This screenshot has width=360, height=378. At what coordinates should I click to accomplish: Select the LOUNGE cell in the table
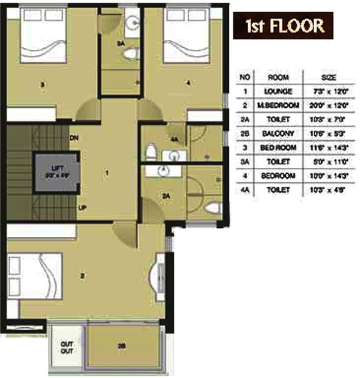pos(278,92)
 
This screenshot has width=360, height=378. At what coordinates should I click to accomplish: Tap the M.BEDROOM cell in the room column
pos(278,105)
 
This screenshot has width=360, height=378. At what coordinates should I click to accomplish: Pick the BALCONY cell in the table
pos(278,133)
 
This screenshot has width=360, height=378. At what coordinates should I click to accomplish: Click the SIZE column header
pos(329,77)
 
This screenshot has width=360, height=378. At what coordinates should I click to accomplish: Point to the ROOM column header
pos(278,77)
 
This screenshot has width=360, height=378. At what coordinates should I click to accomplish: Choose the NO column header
pos(244,77)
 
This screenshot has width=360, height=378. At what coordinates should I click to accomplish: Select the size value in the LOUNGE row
pos(329,92)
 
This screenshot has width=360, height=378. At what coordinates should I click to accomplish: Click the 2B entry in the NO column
pos(244,133)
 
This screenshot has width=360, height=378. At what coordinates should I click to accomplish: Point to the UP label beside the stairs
pos(82,208)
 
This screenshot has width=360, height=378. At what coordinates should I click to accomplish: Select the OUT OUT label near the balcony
pos(67,347)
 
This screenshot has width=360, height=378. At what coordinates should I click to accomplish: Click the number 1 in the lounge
pos(107,173)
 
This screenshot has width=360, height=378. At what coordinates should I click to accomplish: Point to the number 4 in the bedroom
pos(188,83)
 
